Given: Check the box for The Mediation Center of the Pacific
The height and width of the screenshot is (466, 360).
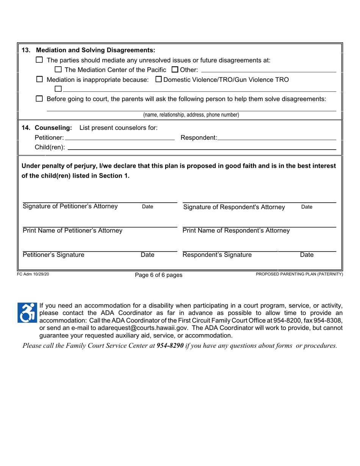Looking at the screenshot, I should tap(58, 70).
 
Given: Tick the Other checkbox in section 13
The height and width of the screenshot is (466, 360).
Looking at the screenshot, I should tap(175, 70).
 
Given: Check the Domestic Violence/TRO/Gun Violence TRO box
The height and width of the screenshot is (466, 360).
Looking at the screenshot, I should tap(159, 80).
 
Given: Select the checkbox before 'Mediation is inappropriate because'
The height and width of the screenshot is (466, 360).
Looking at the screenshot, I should tap(39, 80).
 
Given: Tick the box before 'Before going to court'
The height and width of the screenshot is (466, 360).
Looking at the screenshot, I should tap(39, 99).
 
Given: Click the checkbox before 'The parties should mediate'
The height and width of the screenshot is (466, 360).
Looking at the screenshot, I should tap(39, 60).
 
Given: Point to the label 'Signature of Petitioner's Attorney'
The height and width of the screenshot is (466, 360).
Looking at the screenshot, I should tap(70, 206).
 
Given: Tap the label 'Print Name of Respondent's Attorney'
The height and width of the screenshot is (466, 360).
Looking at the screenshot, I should tap(236, 231).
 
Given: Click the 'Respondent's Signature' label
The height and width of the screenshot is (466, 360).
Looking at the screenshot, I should tap(217, 255).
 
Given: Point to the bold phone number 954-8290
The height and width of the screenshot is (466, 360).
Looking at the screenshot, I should tap(170, 346).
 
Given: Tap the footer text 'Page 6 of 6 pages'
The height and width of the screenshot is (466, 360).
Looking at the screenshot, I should tap(158, 275).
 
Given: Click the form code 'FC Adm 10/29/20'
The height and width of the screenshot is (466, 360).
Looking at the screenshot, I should tap(33, 274).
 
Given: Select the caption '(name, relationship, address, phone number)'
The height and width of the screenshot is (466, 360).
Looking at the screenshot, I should tap(191, 115).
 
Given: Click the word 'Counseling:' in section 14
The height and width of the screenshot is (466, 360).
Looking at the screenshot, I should tap(56, 128).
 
